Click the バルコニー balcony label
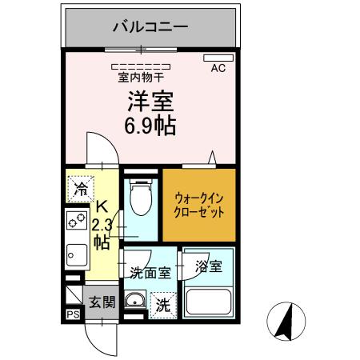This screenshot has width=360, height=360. (150, 27)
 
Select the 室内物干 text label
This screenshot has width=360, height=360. (141, 77)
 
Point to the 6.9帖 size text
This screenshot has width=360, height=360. (150, 126)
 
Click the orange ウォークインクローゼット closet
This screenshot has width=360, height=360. (199, 205)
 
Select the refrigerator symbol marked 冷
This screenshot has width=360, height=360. (81, 190)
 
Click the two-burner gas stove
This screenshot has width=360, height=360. (76, 221)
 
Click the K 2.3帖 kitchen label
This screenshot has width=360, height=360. (102, 224)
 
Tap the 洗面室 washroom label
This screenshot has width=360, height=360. (150, 272)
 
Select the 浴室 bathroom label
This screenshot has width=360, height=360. (210, 265)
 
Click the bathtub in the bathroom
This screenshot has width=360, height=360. (208, 302)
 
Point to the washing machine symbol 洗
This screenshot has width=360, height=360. (162, 304)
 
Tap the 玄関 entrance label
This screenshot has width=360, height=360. (102, 302)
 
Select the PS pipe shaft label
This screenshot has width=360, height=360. (72, 314)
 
